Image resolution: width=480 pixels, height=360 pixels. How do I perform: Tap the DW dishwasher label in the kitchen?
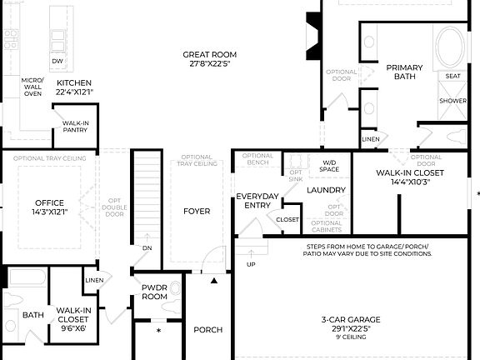pos(57,62)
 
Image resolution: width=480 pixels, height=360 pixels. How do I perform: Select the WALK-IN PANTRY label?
pos(76,127)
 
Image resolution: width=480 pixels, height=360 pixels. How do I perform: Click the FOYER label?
pos(197,211)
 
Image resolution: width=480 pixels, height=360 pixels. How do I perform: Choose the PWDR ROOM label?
pos(155,291)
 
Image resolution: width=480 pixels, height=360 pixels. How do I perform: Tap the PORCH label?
pos(207,330)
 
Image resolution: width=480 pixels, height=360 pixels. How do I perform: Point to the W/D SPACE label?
pos(329,166)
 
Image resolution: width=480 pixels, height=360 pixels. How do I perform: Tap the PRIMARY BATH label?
pos(405,72)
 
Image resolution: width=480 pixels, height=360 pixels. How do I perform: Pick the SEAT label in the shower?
pos(453,76)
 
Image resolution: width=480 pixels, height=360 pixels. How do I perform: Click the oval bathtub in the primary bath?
pos(452,48)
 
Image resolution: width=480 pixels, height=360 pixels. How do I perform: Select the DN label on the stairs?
pos(147,248)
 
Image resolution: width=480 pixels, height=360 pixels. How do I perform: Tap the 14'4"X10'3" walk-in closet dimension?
pos(409,182)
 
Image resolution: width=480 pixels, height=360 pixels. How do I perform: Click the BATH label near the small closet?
pos(33,315)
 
